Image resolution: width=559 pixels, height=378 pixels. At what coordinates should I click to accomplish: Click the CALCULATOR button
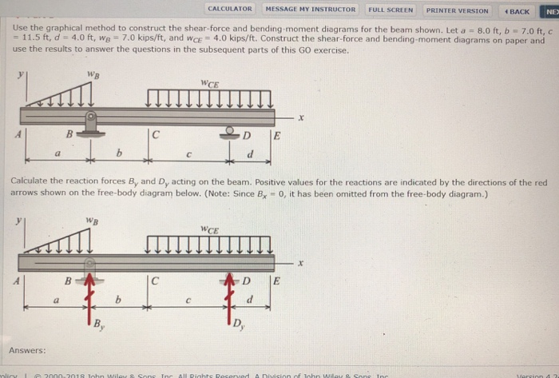click(229, 10)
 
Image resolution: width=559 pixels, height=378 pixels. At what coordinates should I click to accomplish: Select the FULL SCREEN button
click(391, 10)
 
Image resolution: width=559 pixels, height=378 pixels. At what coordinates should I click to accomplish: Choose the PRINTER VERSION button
click(457, 10)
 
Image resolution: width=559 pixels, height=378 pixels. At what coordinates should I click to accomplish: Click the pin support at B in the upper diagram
click(92, 121)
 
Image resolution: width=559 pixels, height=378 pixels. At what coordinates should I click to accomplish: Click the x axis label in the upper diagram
click(301, 118)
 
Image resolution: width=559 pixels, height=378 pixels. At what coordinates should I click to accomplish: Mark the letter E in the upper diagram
click(276, 136)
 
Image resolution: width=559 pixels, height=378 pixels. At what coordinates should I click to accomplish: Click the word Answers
click(27, 350)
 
